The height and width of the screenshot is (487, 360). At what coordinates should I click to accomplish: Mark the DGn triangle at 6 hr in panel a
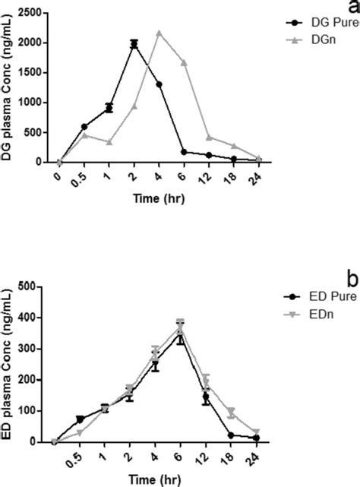click(183, 62)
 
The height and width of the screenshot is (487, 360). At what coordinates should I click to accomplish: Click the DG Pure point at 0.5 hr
click(84, 127)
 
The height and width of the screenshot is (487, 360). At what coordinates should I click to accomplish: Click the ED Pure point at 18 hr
click(230, 435)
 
